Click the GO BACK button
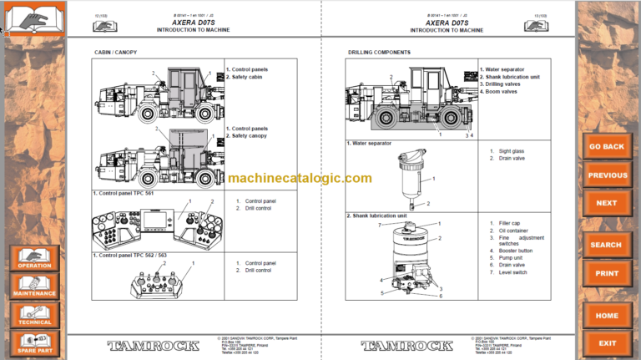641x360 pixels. tap(607, 147)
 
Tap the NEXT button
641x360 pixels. tap(607, 203)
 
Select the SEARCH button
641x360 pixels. tap(607, 245)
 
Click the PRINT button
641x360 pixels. tap(607, 273)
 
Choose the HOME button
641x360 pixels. tap(607, 316)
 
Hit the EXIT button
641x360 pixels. tap(607, 342)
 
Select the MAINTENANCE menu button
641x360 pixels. tap(34, 286)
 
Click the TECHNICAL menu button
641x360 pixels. tap(34, 314)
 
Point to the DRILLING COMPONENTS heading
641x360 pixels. tap(379, 53)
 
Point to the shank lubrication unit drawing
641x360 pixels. tap(410, 258)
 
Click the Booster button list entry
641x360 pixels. tap(514, 251)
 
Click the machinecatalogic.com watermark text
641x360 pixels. tap(299, 178)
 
